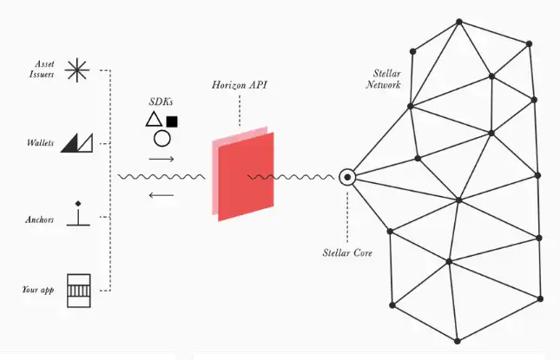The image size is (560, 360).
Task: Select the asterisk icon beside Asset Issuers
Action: point(77,69)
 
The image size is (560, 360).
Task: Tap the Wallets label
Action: point(41,143)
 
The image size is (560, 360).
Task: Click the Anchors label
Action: point(39,219)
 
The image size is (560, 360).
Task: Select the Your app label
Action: point(38,289)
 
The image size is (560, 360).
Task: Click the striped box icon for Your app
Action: point(79,288)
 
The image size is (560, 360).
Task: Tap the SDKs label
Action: point(161,102)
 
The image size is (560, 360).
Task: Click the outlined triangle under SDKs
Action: point(153,121)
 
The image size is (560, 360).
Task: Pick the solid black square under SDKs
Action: point(172,121)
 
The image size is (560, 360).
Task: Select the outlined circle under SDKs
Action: point(161,138)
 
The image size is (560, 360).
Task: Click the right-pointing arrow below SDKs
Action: point(161,160)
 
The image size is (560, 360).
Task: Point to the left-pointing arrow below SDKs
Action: point(161,195)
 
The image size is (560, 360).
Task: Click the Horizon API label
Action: point(238,87)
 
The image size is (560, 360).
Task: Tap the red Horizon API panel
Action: point(246,178)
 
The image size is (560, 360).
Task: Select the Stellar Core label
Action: point(347,253)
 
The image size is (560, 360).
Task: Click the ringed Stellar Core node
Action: point(346,177)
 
